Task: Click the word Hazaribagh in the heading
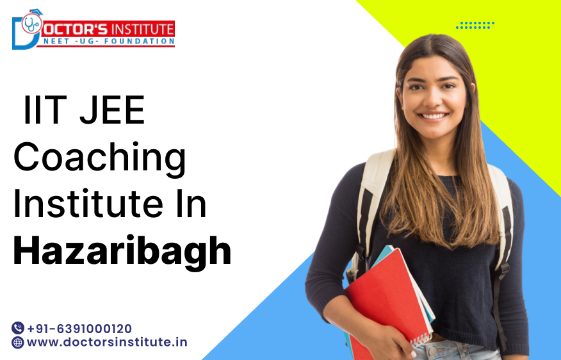(x=122, y=252)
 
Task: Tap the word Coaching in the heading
(x=99, y=158)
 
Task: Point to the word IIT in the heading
(x=43, y=111)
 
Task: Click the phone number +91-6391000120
(x=79, y=328)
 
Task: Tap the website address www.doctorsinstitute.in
(x=107, y=342)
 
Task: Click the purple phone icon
(x=18, y=328)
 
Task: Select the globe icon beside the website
(x=18, y=342)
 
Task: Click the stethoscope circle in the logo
(x=31, y=24)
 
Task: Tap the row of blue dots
(x=475, y=25)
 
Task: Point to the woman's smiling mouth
(x=434, y=116)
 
